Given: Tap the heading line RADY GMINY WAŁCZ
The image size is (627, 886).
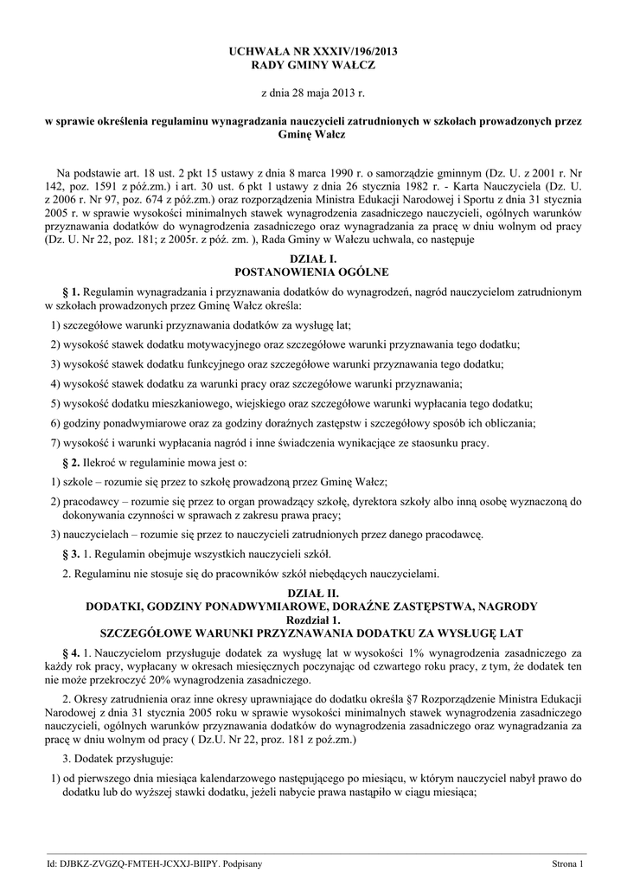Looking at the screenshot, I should click(313, 66).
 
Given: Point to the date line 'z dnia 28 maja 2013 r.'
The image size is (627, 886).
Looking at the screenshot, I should click(313, 93).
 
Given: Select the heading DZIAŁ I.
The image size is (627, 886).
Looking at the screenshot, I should click(313, 259).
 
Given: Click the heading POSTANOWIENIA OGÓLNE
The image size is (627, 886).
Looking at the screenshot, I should click(313, 271).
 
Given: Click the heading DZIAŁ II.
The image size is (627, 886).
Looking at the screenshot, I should click(313, 594).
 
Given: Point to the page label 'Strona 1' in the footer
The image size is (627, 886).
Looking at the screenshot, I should click(569, 864).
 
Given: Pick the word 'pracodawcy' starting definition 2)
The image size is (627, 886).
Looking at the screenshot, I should click(90, 502).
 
